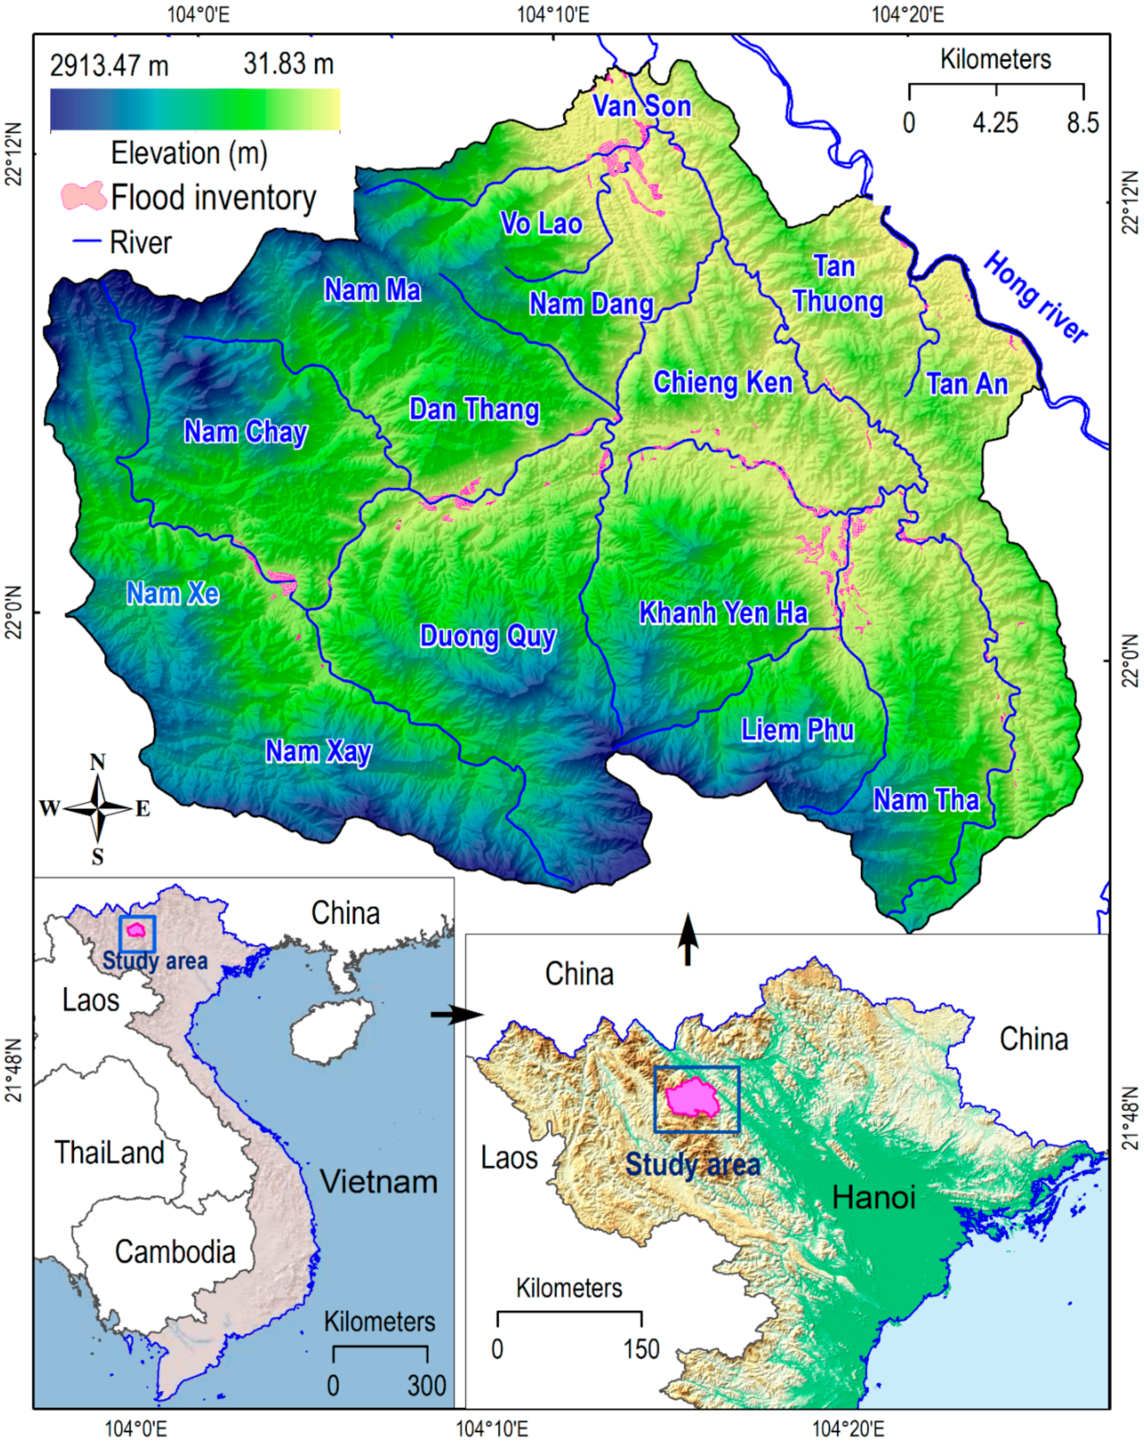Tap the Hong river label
coord(1034,297)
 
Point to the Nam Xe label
coord(172,593)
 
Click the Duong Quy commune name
coord(488,636)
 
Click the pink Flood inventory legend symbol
coord(83,196)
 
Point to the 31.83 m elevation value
coord(288,64)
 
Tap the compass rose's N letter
coord(98,762)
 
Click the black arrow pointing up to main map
coord(687,940)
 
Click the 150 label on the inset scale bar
coord(641,1349)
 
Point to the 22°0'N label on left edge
coord(15,612)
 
